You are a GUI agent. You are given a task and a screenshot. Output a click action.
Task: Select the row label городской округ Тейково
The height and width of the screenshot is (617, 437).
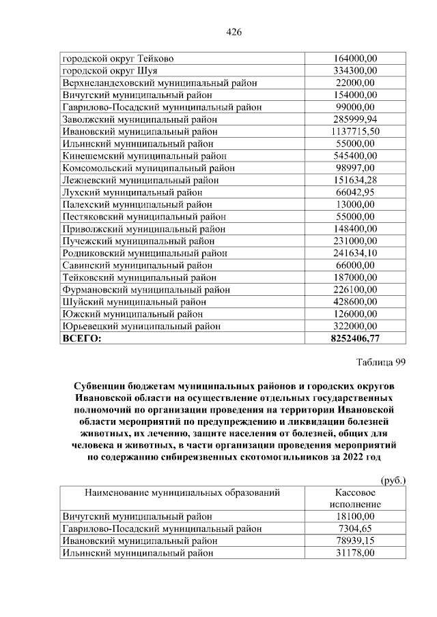[x=117, y=59]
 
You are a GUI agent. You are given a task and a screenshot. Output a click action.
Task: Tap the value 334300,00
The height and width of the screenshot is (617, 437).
[x=354, y=71]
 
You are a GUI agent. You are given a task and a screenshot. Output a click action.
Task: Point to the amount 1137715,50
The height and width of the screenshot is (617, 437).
[x=354, y=131]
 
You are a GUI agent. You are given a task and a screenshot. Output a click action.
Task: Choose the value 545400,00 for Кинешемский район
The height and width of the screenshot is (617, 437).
[x=354, y=155]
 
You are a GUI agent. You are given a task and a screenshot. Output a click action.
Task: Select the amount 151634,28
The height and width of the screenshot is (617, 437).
[x=354, y=180]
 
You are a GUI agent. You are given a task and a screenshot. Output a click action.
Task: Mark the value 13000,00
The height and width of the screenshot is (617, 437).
[x=354, y=204]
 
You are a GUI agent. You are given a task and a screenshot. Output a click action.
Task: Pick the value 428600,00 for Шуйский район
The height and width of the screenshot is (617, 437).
[x=354, y=301]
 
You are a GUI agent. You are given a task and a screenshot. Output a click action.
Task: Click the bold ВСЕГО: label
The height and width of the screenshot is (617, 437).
[x=81, y=338]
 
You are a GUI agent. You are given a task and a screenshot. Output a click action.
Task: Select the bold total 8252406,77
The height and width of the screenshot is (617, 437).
[x=354, y=338]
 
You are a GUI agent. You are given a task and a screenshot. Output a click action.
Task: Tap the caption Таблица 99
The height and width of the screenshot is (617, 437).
[x=381, y=363]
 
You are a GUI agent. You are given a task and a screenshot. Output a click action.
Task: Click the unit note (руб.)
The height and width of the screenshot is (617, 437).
[x=393, y=480]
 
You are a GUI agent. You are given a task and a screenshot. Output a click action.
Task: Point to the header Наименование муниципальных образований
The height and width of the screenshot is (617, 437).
[x=182, y=492]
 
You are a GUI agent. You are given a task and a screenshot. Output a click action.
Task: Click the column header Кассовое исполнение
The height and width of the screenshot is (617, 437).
[x=353, y=498]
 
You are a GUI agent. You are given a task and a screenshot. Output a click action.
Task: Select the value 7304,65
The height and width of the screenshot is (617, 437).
[x=354, y=528]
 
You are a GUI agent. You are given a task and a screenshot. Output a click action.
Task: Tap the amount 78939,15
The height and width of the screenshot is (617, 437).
[x=354, y=541]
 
